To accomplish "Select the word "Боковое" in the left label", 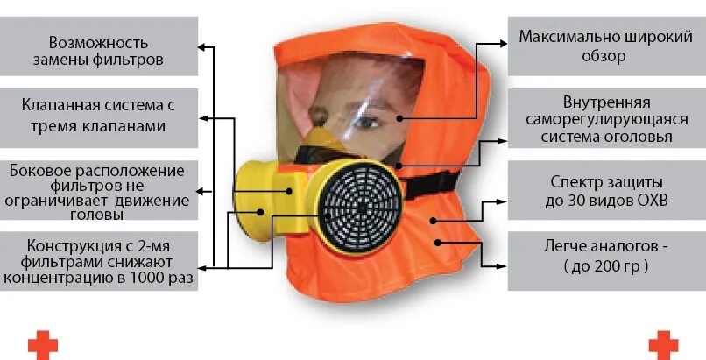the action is coord(39,169).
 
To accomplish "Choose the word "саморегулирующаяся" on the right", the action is coord(605,118).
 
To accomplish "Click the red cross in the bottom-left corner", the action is coord(42,343).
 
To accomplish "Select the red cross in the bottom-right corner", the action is coord(663,343).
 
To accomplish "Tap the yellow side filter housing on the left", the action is coord(263,188).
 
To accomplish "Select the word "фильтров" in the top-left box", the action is coord(132,61).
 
